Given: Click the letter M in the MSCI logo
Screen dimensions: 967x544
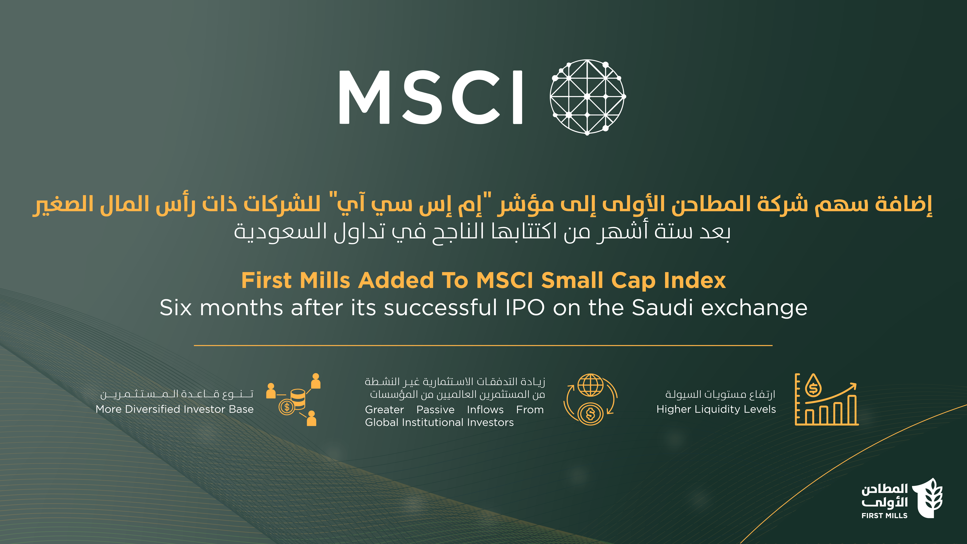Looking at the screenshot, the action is point(365,97).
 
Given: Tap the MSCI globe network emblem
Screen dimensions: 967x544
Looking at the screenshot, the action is point(587,97).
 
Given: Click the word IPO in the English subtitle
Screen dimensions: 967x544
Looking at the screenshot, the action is point(525,308).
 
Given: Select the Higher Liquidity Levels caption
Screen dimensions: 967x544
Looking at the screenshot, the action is point(716,409).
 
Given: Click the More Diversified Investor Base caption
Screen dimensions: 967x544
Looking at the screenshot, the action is point(175,409).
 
